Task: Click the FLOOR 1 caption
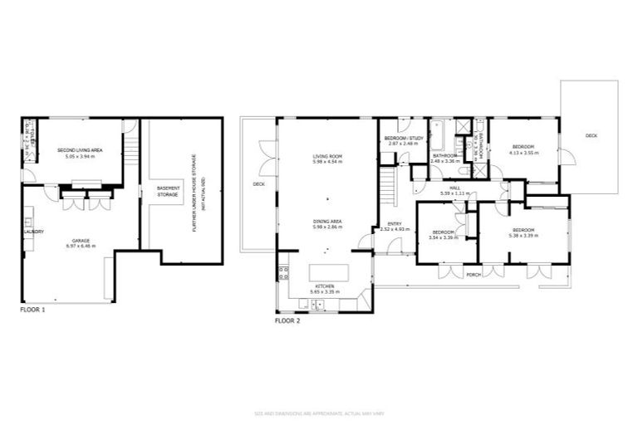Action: coord(32,309)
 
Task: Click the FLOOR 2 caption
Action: coord(287,320)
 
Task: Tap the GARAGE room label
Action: coord(80,241)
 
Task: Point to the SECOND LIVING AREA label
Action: coord(80,150)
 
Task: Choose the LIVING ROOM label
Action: coord(327,156)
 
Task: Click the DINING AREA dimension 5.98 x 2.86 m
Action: coord(327,226)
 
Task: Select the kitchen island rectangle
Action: coord(328,272)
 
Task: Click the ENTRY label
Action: coord(395,223)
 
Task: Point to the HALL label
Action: coord(455,188)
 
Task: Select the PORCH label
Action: coord(474,275)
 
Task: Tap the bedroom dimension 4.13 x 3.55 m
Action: coord(523,152)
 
